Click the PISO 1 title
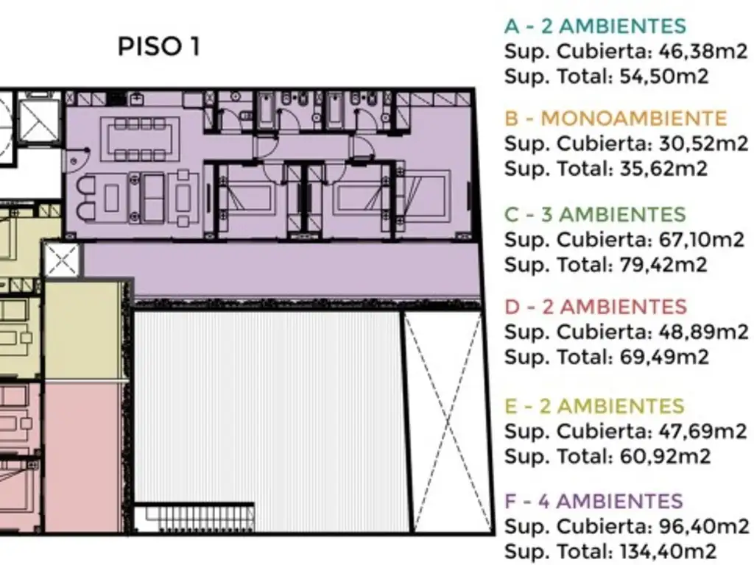coord(159,46)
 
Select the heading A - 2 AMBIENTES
coord(595,26)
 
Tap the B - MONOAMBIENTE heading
coord(616,118)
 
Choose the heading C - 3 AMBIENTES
coord(595,214)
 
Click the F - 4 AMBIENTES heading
coord(594,501)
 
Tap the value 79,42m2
coord(663,265)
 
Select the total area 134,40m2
coord(668,551)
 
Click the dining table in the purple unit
coord(140,139)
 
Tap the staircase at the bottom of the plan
coord(194,517)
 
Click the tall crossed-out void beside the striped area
coord(448,422)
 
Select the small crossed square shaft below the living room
coord(62,260)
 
